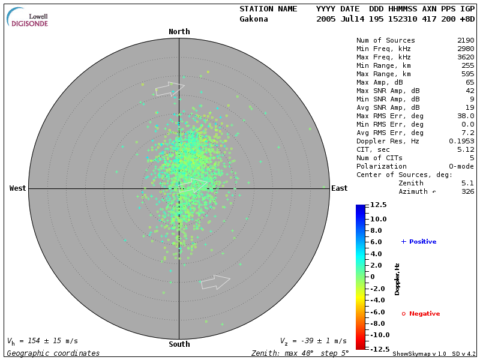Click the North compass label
tap(179, 32)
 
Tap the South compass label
tap(179, 344)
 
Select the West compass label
tap(18, 188)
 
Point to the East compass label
tap(340, 188)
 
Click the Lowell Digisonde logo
tap(28, 18)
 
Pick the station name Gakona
tap(254, 19)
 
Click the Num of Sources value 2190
tap(466, 41)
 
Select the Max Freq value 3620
tap(466, 58)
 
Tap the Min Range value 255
tap(468, 66)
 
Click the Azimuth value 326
tap(468, 192)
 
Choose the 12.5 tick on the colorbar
tap(378, 205)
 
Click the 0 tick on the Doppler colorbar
tap(373, 277)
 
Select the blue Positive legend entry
tap(419, 242)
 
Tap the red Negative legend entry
tap(421, 314)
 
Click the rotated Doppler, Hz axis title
tap(397, 279)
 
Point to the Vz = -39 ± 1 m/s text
tap(313, 341)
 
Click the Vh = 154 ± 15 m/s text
tap(43, 341)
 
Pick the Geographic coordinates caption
tap(53, 353)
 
